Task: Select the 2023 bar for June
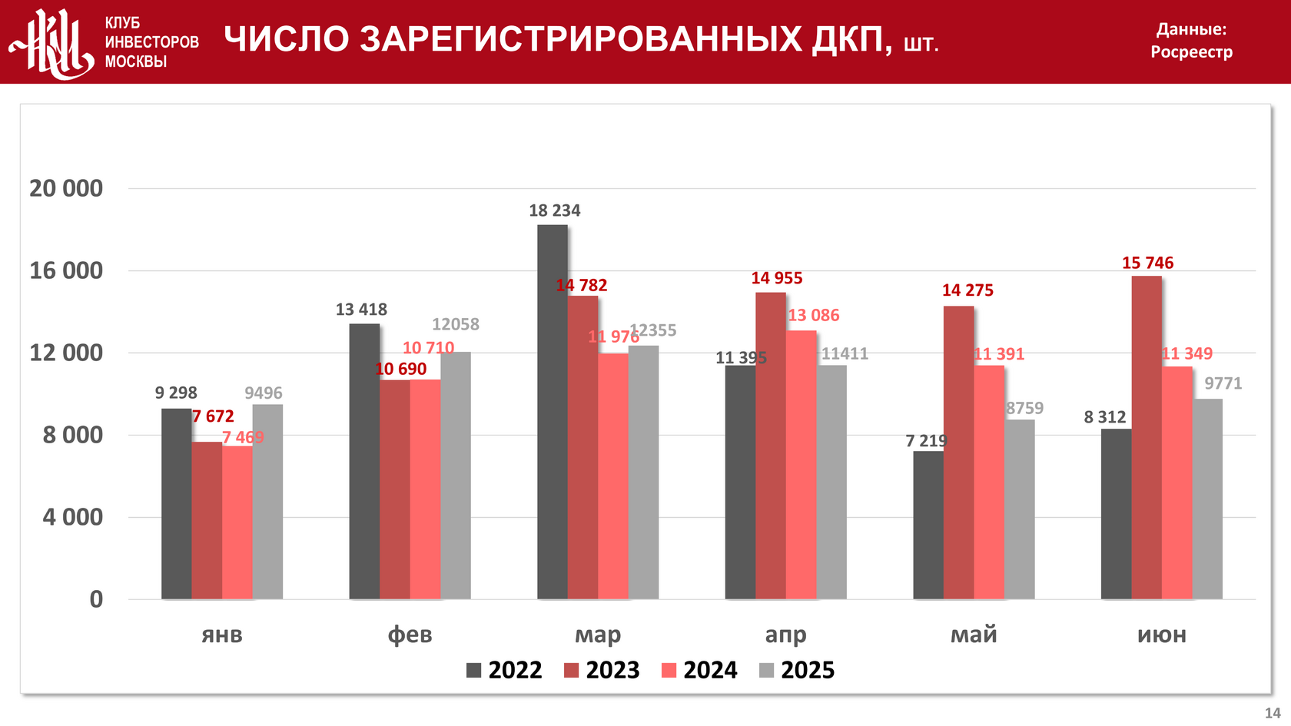click(x=1146, y=437)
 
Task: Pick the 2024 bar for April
click(x=801, y=465)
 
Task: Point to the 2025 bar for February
click(x=456, y=476)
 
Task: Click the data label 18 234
click(x=554, y=211)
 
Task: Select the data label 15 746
click(x=1147, y=263)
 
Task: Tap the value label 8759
click(x=1024, y=408)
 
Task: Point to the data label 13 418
click(x=361, y=310)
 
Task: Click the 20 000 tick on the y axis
click(x=66, y=188)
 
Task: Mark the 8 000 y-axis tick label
click(x=72, y=435)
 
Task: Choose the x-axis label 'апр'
click(x=785, y=635)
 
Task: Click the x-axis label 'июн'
click(x=1161, y=635)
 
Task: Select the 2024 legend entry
click(x=699, y=670)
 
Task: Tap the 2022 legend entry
click(x=504, y=670)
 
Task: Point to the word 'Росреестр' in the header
click(x=1191, y=52)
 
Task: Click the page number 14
click(x=1273, y=713)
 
